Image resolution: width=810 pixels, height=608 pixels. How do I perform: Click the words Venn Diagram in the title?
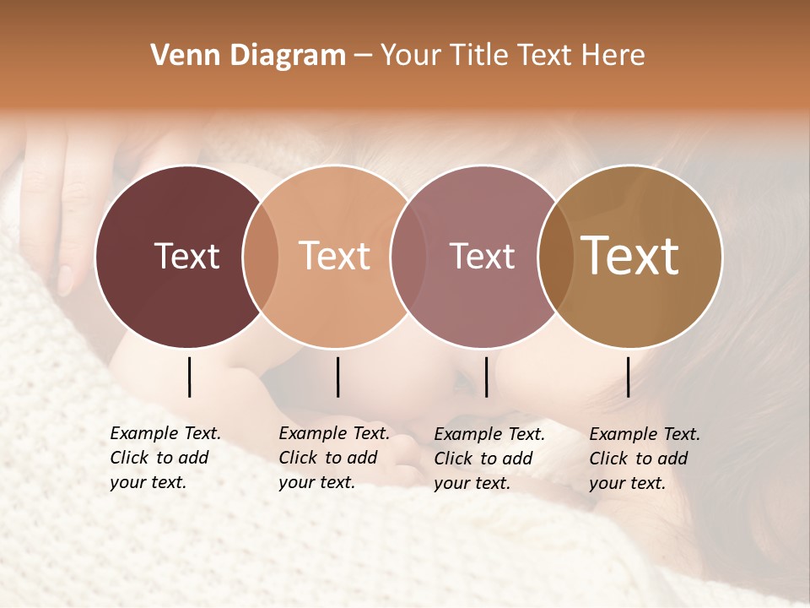pyautogui.click(x=248, y=56)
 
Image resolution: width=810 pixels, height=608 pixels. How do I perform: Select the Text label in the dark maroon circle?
pyautogui.click(x=186, y=256)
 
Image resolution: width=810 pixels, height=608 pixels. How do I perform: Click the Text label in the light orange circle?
pyautogui.click(x=335, y=256)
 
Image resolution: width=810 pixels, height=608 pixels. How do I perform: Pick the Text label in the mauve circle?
pyautogui.click(x=482, y=256)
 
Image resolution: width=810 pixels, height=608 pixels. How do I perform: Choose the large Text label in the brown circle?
pyautogui.click(x=630, y=256)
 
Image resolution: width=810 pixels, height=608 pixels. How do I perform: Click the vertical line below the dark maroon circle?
pyautogui.click(x=189, y=377)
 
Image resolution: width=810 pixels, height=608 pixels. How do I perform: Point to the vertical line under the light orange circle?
pyautogui.click(x=337, y=377)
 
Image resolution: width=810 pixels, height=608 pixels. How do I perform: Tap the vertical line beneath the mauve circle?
pyautogui.click(x=486, y=377)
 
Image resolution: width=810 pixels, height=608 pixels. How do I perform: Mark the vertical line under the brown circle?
pyautogui.click(x=629, y=377)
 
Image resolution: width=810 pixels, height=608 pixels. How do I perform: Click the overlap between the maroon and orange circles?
pyautogui.click(x=261, y=256)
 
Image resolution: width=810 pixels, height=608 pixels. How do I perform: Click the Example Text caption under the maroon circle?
pyautogui.click(x=165, y=458)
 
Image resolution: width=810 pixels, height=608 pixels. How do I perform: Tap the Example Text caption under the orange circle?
pyautogui.click(x=334, y=458)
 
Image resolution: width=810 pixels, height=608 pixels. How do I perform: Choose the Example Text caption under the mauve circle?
pyautogui.click(x=489, y=458)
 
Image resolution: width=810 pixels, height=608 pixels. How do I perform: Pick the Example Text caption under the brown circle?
pyautogui.click(x=645, y=458)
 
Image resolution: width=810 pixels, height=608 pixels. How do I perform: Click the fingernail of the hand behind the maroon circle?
pyautogui.click(x=65, y=280)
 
